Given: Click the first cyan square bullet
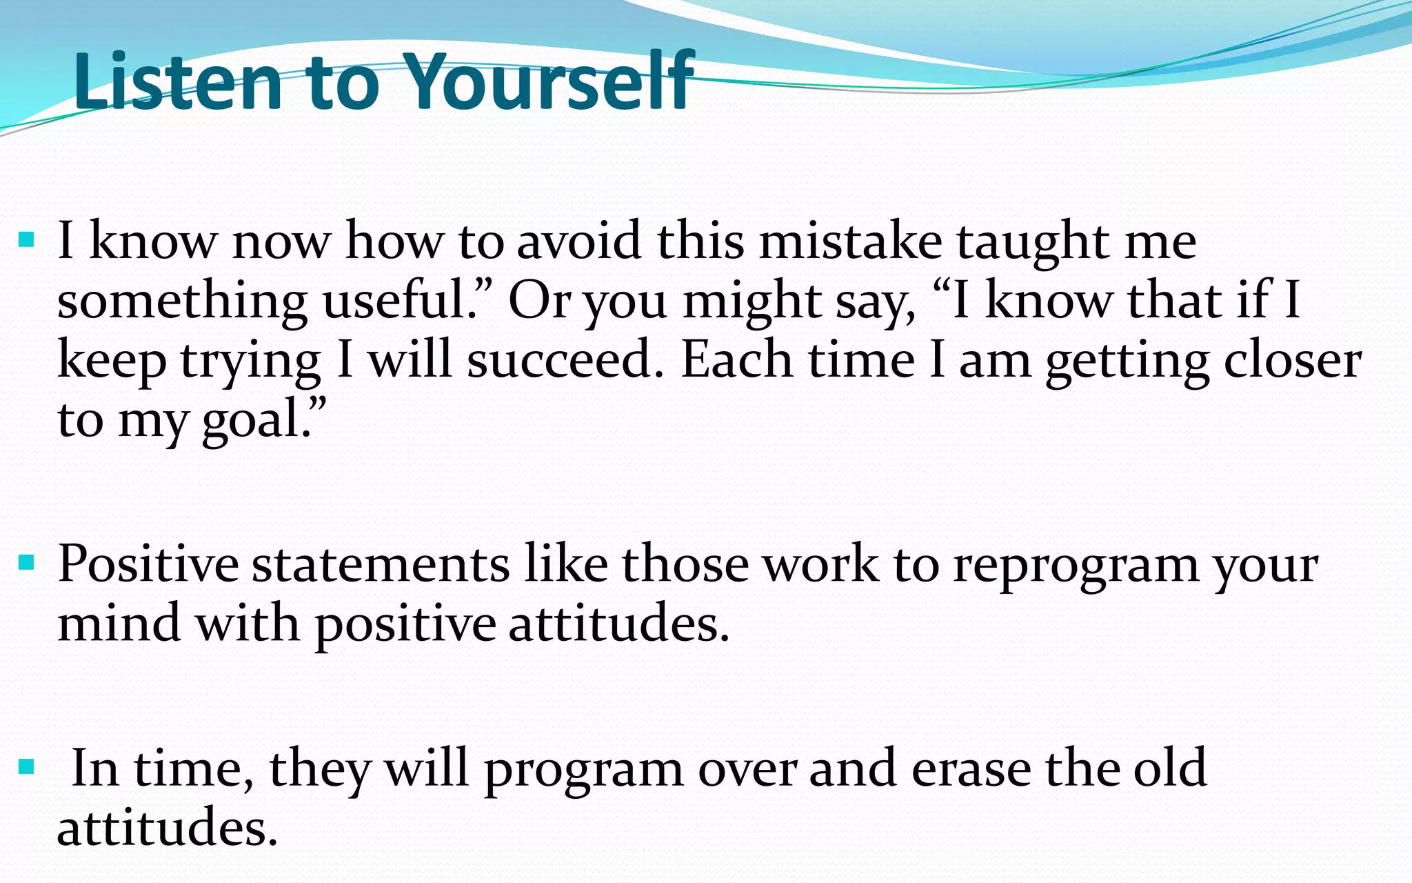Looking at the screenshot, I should point(27,240).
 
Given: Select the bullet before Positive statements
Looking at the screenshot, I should point(27,563).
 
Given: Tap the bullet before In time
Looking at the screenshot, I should point(27,766).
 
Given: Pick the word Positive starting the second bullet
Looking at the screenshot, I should point(148,564).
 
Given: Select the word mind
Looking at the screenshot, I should point(119,623).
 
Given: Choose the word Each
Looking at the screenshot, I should point(736,360).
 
